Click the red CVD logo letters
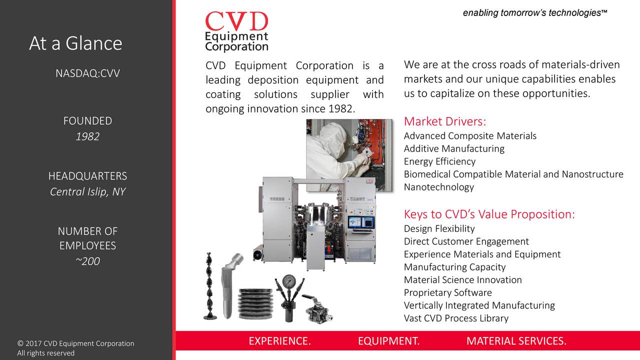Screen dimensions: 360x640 pos(236,22)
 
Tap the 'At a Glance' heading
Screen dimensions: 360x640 pos(75,43)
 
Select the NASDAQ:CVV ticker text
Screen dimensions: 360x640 pos(87,74)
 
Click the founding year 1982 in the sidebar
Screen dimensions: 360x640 pos(87,136)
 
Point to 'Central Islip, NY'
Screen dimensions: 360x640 pos(87,192)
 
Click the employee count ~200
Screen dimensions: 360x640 pos(87,261)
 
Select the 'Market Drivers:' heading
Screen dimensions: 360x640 pos(445,122)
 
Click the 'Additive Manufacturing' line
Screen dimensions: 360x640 pos(454,148)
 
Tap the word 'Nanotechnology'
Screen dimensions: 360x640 pos(438,187)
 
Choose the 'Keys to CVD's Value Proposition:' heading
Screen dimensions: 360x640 pos(489,214)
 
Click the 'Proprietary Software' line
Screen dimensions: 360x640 pos(447,292)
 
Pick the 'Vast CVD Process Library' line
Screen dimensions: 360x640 pos(456,318)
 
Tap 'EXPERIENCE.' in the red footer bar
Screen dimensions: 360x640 pos(279,341)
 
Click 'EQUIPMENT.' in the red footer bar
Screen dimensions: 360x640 pos(388,341)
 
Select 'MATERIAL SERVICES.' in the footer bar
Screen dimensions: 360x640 pos(516,341)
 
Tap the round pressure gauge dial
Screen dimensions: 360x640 pos(288,280)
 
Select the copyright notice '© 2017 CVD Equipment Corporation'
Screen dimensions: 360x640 pos(75,343)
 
